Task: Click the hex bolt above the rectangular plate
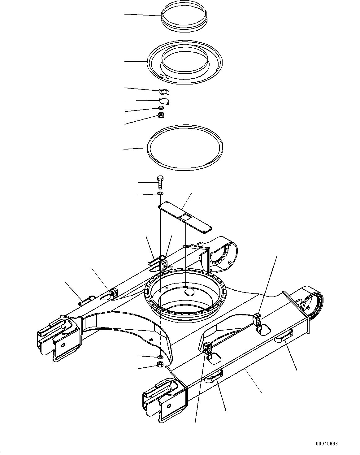(160, 182)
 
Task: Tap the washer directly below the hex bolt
(160, 194)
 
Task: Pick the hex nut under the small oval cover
(161, 115)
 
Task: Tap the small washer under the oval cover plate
(161, 108)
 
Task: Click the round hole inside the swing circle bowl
(189, 292)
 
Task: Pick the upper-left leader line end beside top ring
(125, 14)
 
